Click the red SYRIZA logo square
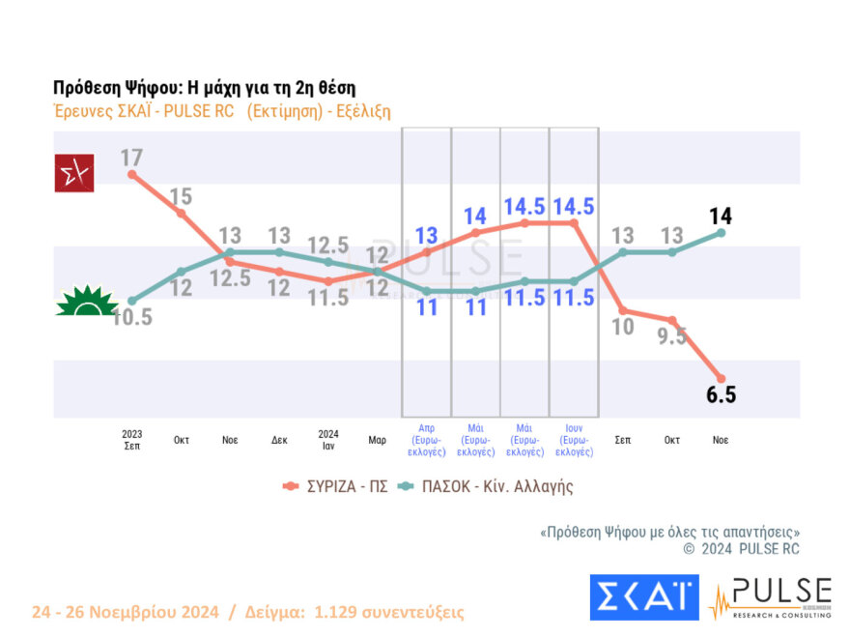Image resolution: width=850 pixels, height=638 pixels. pyautogui.click(x=74, y=173)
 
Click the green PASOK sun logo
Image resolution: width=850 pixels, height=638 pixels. pyautogui.click(x=86, y=302)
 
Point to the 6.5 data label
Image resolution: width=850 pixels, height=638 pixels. pyautogui.click(x=722, y=395)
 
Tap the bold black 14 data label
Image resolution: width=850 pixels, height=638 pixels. pyautogui.click(x=721, y=215)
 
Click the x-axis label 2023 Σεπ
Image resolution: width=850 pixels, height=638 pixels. pyautogui.click(x=132, y=439)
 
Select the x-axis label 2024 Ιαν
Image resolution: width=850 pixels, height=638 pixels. pyautogui.click(x=328, y=439)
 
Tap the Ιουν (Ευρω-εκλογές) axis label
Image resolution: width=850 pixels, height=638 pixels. pyautogui.click(x=574, y=438)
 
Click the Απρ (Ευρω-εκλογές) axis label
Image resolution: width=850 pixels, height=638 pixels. pyautogui.click(x=427, y=438)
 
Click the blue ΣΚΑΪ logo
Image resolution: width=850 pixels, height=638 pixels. pyautogui.click(x=644, y=597)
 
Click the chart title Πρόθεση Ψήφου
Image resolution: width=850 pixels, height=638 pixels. pyautogui.click(x=205, y=87)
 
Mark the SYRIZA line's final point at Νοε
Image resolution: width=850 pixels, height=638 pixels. pyautogui.click(x=721, y=378)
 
